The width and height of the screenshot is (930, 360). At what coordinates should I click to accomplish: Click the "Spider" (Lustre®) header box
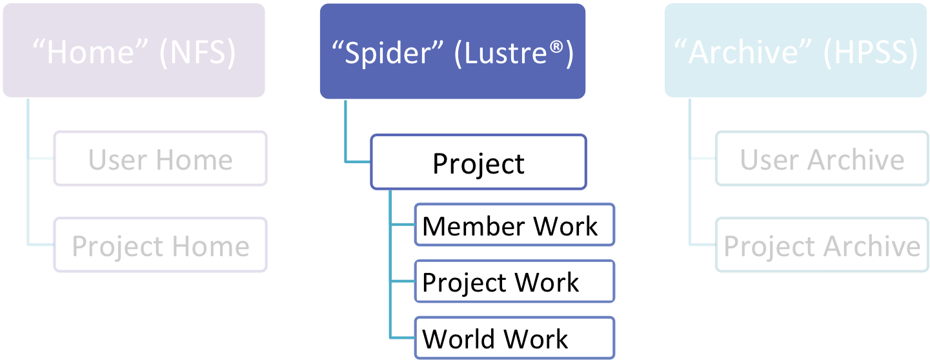click(x=452, y=51)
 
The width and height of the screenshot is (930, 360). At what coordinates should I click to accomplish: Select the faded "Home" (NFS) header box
click(x=134, y=50)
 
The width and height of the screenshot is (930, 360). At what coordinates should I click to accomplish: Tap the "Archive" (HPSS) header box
click(x=796, y=50)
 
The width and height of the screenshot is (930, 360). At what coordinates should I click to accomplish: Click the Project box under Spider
click(x=478, y=162)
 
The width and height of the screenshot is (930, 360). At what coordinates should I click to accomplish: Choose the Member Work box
click(x=514, y=225)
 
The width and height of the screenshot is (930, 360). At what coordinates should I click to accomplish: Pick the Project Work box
click(x=514, y=281)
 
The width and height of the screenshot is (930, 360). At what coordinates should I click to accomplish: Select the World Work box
click(x=514, y=337)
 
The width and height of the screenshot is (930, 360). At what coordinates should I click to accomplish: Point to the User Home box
click(x=160, y=158)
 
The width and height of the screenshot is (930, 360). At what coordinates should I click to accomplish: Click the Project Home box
click(x=160, y=245)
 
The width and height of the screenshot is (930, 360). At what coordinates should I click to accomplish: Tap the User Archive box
click(x=822, y=158)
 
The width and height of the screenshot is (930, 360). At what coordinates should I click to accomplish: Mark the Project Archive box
click(x=822, y=245)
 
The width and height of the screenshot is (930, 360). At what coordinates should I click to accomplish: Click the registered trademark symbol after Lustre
click(x=556, y=46)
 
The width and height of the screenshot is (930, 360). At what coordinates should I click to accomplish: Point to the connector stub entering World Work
click(x=403, y=337)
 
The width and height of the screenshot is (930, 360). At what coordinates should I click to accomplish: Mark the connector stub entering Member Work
click(x=403, y=225)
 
